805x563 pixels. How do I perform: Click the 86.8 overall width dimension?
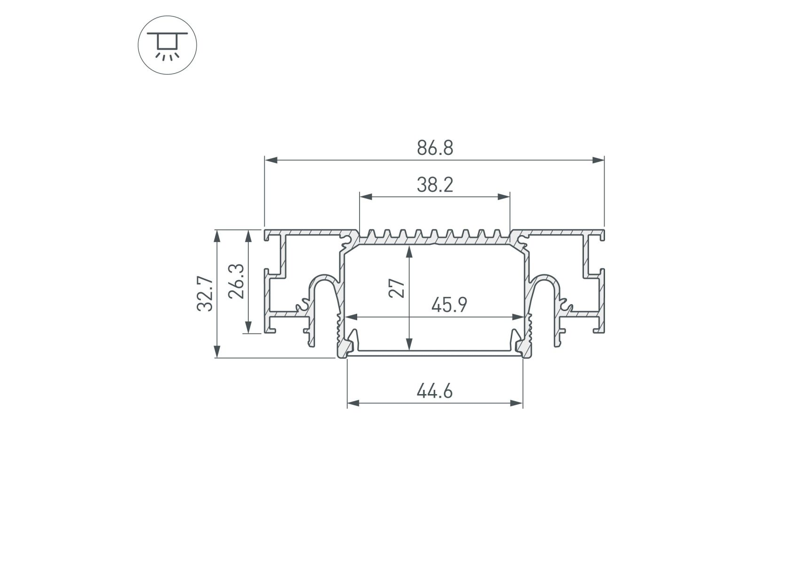point(435,148)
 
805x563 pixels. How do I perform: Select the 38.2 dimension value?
point(435,185)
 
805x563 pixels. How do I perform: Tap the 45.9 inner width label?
point(449,305)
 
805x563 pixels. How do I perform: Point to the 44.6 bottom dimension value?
point(435,391)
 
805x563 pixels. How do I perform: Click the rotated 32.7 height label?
point(205,294)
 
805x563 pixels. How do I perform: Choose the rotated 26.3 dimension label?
point(236,281)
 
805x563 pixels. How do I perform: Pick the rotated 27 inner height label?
point(398,289)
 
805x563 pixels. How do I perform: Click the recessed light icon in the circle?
point(167,46)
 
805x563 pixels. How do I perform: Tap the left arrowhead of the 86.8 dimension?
point(270,160)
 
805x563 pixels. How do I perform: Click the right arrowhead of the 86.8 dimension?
point(598,160)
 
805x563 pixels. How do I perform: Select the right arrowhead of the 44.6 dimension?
point(517,403)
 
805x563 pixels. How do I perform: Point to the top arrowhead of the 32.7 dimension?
point(217,236)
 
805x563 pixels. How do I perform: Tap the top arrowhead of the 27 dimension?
point(410,252)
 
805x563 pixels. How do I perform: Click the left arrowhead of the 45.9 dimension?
point(351,317)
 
